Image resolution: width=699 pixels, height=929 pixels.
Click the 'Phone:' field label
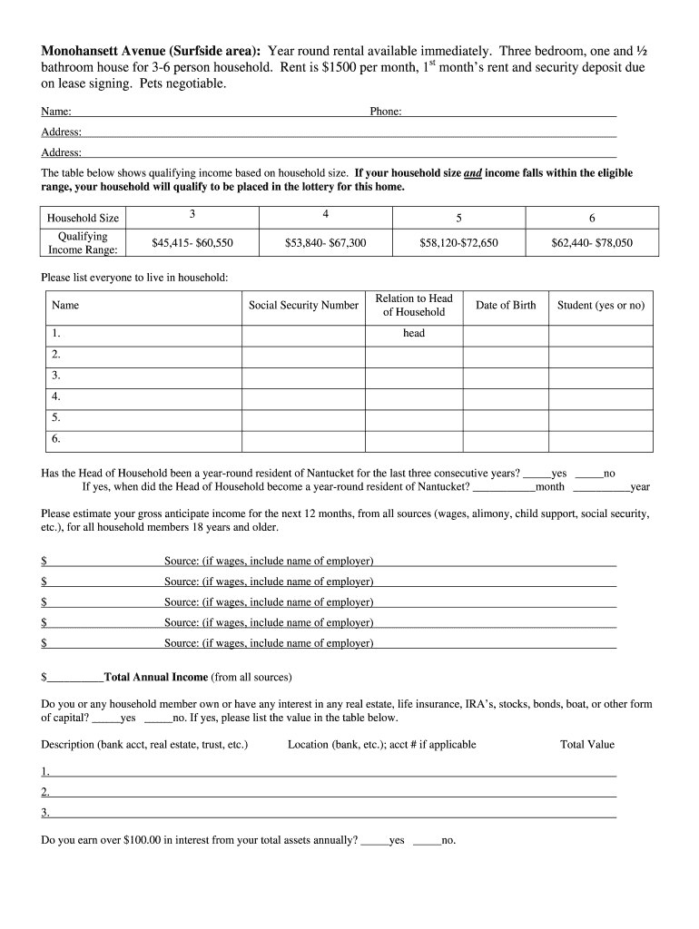[x=386, y=112]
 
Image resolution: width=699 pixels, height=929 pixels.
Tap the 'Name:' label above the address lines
[x=56, y=112]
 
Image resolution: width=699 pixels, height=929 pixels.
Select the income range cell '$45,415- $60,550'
[x=192, y=243]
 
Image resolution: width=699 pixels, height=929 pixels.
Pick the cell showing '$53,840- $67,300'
[x=325, y=243]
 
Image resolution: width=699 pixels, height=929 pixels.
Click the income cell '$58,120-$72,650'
[x=458, y=243]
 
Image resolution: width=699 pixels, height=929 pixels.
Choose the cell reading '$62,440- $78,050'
[x=592, y=243]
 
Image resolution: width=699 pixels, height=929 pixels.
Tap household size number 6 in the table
[x=592, y=219]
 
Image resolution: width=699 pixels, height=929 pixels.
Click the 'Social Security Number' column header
[x=303, y=306]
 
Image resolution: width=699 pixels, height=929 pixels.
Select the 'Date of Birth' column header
[x=506, y=306]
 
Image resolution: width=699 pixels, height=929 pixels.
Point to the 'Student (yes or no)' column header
[x=601, y=306]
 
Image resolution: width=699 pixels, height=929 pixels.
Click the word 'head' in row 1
[x=414, y=333]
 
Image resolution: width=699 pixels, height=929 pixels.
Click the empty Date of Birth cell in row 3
[x=506, y=376]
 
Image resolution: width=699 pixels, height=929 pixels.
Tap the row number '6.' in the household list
[x=56, y=439]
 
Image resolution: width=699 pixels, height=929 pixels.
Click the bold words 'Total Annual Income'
[x=156, y=677]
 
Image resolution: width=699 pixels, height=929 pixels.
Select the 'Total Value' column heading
[x=587, y=745]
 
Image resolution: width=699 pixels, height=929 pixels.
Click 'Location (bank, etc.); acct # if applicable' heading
[x=381, y=745]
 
